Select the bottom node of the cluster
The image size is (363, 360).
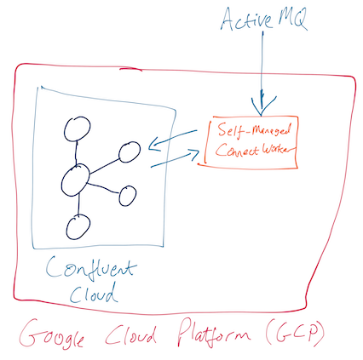[x=78, y=226]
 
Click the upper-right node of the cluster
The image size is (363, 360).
[x=130, y=151]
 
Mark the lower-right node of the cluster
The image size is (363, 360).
[x=128, y=196]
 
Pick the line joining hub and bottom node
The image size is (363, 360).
[x=77, y=204]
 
